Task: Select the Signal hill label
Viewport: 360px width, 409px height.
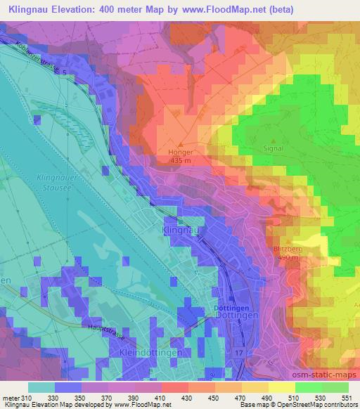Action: click(x=271, y=148)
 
